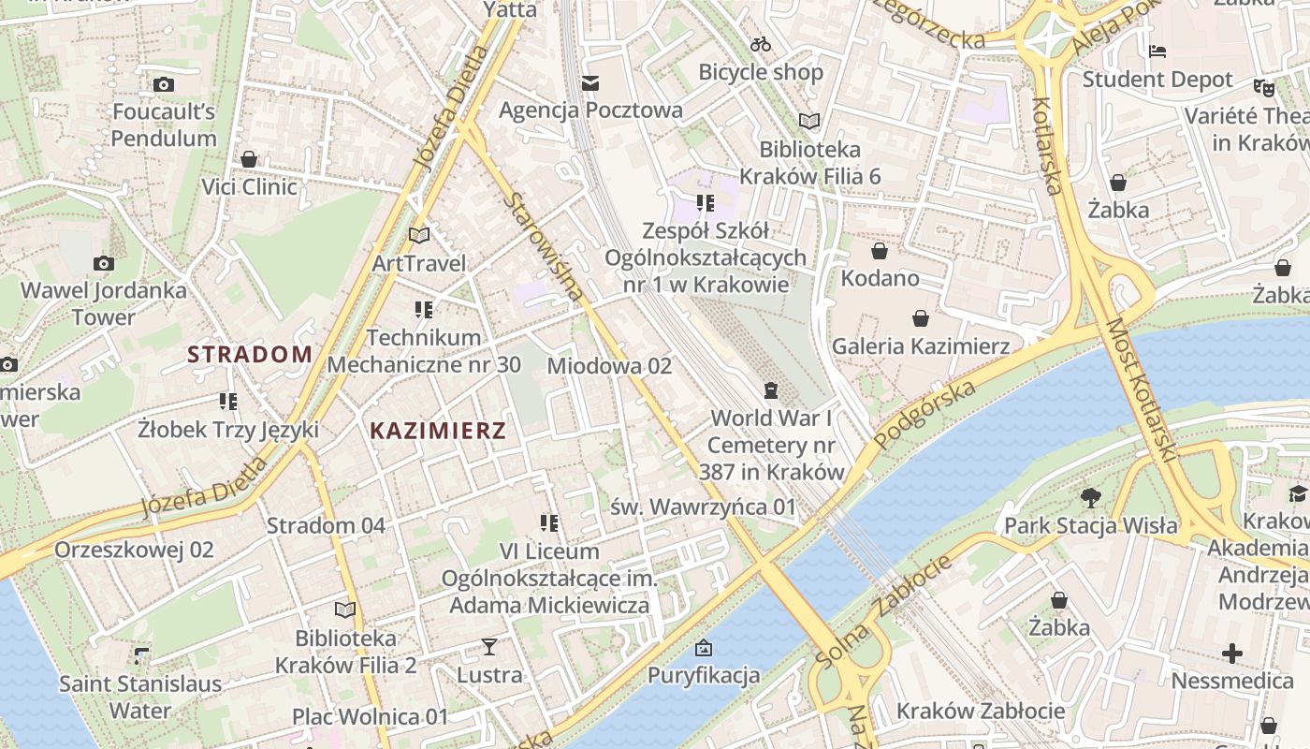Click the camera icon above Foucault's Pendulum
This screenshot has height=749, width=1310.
pos(164,84)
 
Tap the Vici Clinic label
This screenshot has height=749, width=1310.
pos(250,186)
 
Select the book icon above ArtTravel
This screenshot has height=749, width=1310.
pos(418,235)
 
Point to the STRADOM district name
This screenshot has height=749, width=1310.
pos(250,354)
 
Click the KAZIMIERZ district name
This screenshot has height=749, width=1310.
pos(438,431)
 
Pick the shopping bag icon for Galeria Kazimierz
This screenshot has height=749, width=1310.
pos(921,318)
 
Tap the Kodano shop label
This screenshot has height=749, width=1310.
pos(880,278)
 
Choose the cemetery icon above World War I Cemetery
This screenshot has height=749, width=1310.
pos(770,389)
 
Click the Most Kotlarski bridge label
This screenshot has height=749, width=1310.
pos(1141,389)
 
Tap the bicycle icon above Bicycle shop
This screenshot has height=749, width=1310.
pos(761,44)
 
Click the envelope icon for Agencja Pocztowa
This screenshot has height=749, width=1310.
pos(590,83)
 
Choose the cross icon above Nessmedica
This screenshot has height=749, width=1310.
pos(1232,653)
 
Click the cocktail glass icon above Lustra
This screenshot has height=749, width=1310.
pos(489,646)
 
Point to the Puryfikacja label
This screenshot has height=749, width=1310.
pos(704,675)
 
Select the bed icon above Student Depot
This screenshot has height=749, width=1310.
pos(1157,51)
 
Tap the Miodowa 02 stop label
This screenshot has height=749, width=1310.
pos(609,365)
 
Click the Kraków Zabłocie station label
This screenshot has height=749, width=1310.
pos(981,711)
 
